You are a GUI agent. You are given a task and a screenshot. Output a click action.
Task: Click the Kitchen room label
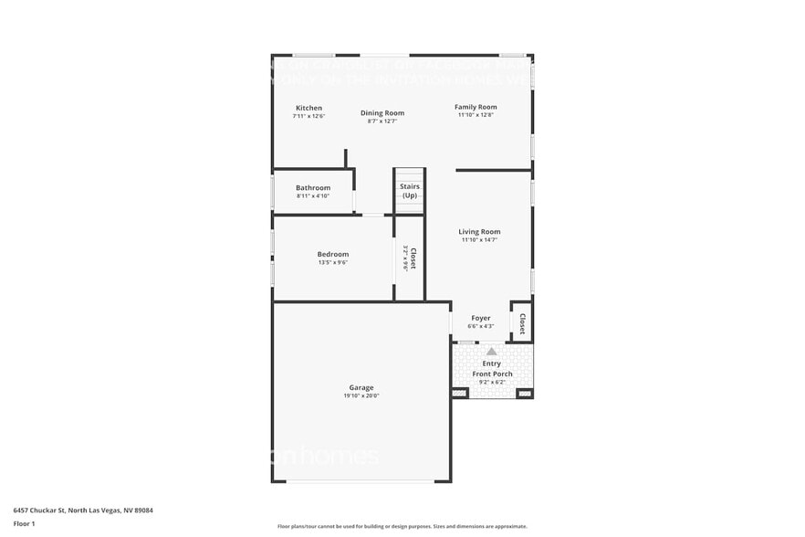[x=308, y=108]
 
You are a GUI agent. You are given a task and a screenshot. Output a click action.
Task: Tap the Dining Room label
[x=382, y=113]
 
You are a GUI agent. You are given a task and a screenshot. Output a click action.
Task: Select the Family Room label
[x=476, y=107]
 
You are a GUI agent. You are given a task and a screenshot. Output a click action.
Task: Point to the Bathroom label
[x=313, y=187]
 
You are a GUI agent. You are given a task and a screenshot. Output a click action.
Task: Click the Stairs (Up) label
[x=410, y=191]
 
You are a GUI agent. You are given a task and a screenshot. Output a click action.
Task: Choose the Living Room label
[x=479, y=232]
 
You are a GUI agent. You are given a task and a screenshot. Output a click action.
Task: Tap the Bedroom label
[x=333, y=254]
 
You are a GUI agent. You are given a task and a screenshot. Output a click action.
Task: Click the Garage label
[x=361, y=387]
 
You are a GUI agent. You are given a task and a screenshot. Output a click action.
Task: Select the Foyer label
[x=481, y=318]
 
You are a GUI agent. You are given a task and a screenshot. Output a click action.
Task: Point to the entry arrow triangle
[x=491, y=351]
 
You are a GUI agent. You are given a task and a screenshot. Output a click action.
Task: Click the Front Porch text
[x=492, y=374]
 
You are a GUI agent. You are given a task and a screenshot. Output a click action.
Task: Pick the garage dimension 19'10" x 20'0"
[x=361, y=395]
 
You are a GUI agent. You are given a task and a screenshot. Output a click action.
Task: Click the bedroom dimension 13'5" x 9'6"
[x=333, y=262]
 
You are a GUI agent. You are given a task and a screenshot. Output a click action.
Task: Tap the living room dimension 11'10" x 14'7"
[x=479, y=240]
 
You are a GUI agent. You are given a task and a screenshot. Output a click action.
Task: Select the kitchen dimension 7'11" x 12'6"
[x=308, y=116]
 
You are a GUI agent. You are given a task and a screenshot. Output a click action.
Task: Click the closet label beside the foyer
[x=522, y=323]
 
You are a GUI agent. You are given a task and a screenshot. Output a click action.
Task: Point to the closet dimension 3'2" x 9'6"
[x=405, y=259]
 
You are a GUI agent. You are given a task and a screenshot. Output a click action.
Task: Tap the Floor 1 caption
[x=24, y=523]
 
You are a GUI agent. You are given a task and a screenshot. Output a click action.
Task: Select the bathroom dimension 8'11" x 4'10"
[x=313, y=195]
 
